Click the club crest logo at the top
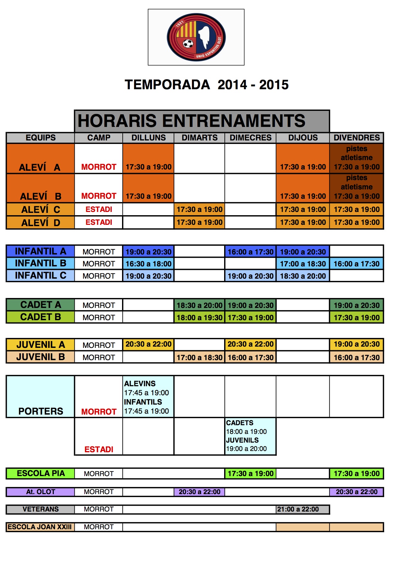pos(196,37)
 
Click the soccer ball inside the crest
pos(188,43)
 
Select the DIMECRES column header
pos(251,138)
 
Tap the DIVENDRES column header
pos(356,138)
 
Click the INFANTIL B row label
pos(41,263)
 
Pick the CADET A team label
pos(41,305)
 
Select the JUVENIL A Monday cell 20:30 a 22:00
pos(148,344)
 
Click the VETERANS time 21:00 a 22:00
pos(298,509)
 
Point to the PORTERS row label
pos(41,411)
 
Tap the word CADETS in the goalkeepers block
pos(240,423)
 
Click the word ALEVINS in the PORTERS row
pos(140,384)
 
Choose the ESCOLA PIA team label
pos(41,474)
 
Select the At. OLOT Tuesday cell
pos(199,492)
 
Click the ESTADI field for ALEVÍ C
pos(99,209)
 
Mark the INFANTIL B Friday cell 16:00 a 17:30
pos(356,264)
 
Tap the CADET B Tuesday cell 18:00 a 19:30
pos(199,318)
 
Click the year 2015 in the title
pos(274,85)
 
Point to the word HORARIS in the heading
pos(117,121)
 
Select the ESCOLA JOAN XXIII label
pos(40,527)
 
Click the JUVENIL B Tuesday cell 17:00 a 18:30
pos(199,358)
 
